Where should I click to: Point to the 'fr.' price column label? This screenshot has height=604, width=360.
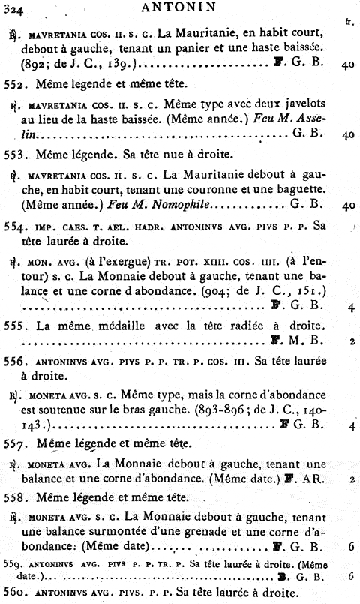[349, 22]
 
